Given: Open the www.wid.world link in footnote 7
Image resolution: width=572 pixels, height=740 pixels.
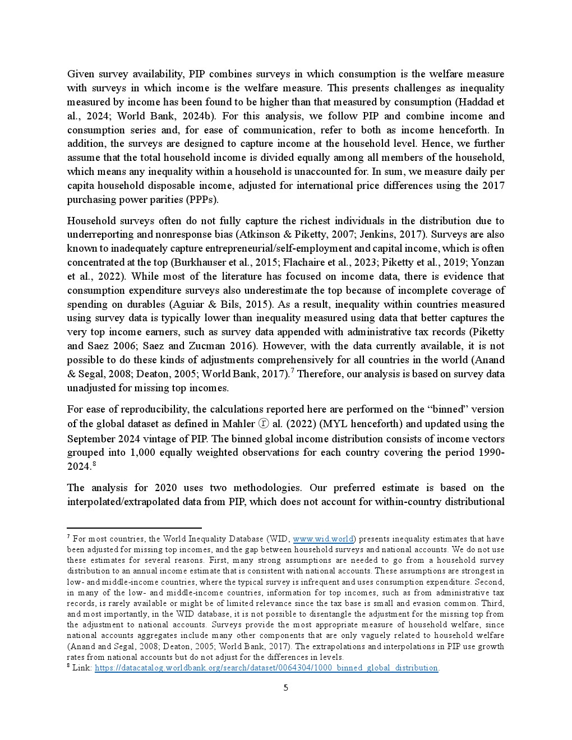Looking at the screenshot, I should click(x=323, y=539).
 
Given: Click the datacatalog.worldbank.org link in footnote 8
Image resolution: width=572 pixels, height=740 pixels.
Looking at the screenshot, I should click(x=266, y=668).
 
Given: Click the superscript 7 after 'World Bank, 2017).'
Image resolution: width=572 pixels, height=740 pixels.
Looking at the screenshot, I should click(x=292, y=371).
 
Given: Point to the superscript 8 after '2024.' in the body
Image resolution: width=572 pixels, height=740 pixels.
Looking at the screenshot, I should click(x=94, y=464).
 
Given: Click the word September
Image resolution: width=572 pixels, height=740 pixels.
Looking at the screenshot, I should click(x=91, y=438).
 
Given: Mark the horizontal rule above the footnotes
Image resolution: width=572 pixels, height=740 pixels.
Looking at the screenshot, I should click(x=134, y=528).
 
